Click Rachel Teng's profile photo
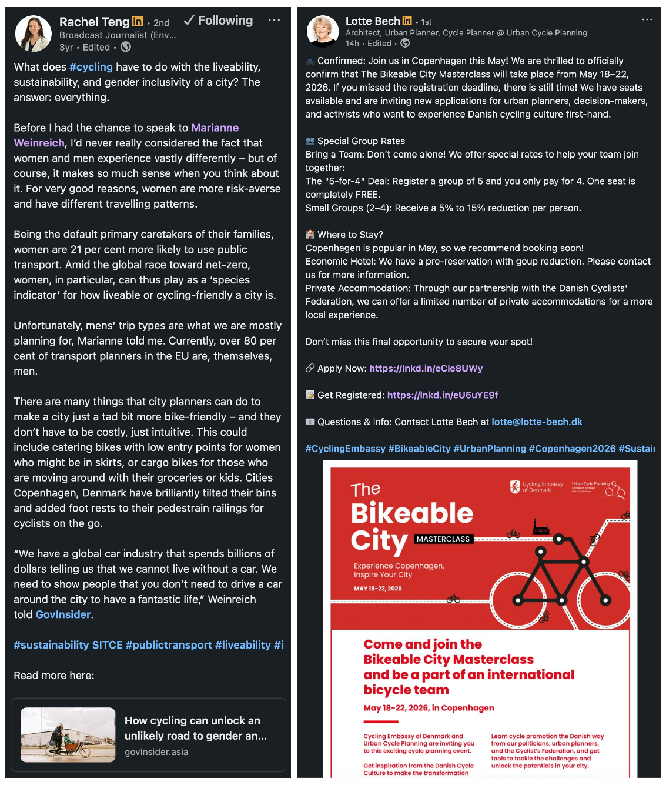33,34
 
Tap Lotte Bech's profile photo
323,32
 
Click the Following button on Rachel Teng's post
219,21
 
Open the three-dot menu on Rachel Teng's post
274,20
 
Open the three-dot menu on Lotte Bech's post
647,19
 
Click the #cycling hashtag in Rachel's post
91,67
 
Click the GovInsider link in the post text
63,614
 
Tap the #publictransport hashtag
169,645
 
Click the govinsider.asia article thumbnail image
68,734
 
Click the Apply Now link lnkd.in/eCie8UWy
426,369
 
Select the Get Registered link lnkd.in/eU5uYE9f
442,395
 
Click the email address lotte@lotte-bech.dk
537,422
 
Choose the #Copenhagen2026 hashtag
572,449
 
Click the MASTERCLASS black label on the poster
443,539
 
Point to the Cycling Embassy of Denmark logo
536,487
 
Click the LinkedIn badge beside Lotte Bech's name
407,21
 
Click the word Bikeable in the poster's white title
411,513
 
